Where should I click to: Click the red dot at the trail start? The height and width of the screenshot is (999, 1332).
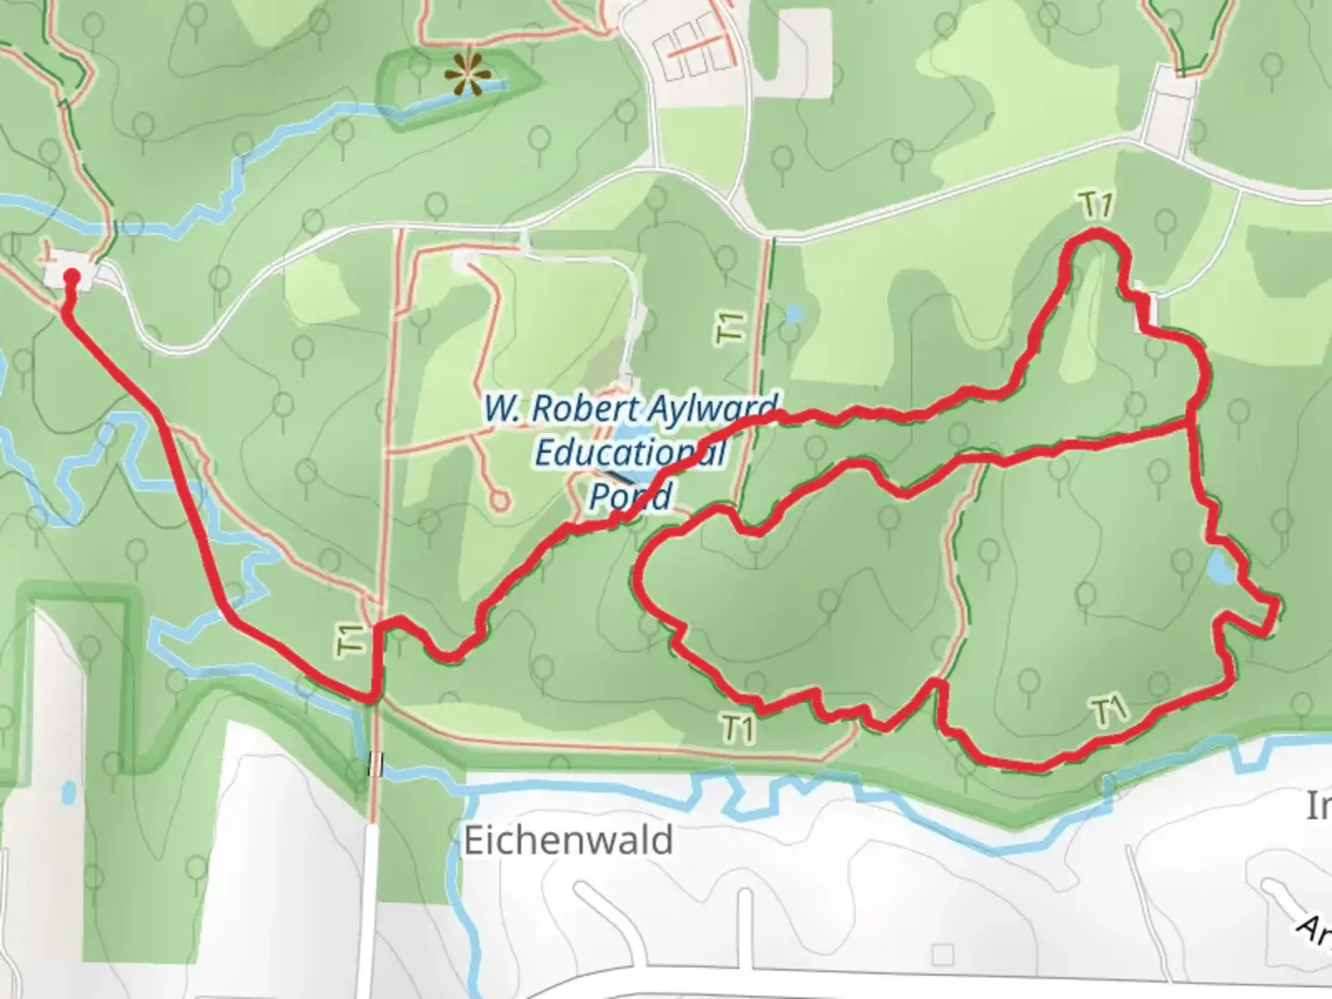point(70,276)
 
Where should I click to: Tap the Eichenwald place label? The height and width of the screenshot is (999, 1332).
point(567,841)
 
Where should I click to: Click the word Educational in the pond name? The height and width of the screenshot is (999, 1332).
point(629,452)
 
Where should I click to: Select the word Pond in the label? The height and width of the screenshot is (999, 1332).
point(630,496)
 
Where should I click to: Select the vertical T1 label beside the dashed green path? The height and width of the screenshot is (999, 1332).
point(731,327)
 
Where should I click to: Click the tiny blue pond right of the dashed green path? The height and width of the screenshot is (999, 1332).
point(793,314)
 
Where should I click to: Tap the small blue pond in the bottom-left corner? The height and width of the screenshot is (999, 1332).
point(67,793)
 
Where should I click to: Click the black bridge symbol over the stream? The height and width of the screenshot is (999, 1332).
point(375,764)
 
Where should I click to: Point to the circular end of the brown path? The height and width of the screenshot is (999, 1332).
point(499,500)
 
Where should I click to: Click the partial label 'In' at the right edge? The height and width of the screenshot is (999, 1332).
point(1317,808)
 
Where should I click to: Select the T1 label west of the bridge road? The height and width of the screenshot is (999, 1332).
point(351,640)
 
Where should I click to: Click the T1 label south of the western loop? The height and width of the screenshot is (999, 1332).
point(736,729)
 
